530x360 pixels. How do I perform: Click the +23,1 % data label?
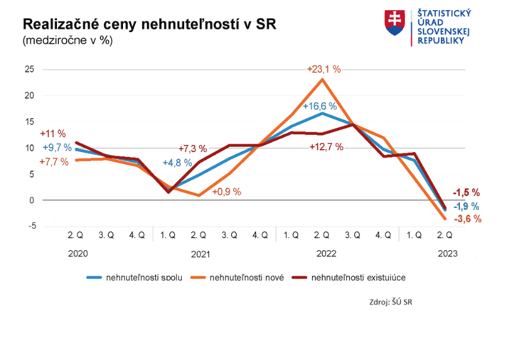coord(324,69)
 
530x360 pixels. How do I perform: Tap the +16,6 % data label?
coord(320,106)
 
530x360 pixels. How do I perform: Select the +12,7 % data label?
coord(326,147)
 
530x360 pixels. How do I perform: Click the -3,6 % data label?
coord(467,219)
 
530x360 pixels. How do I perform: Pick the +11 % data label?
coord(53,134)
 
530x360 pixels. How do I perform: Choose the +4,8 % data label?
coord(177,162)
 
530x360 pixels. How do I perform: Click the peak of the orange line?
coord(322,79)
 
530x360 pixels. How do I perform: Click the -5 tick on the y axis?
coord(30,226)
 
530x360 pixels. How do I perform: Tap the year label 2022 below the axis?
coord(326,254)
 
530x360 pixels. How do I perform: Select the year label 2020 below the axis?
coord(78,254)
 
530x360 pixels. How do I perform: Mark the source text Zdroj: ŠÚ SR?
coord(390,302)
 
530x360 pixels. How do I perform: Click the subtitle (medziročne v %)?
coord(67,41)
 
